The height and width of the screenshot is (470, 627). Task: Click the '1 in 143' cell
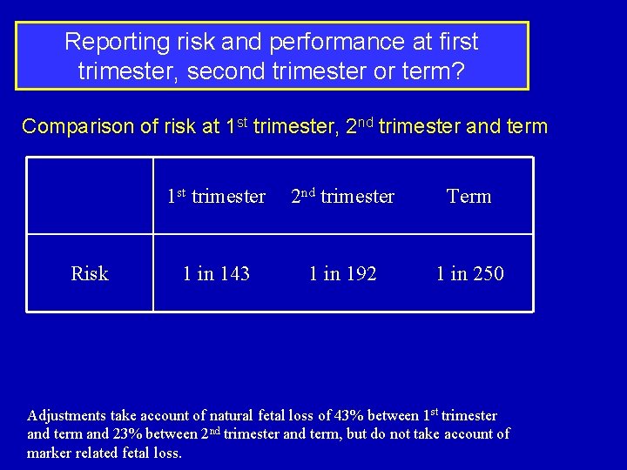point(216,273)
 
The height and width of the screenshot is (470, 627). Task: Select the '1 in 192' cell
point(343,273)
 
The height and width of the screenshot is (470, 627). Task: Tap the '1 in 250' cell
point(469,273)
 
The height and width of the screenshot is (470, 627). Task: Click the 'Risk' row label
point(90,273)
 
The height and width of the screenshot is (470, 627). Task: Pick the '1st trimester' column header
point(216,197)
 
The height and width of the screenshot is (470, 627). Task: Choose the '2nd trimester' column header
point(342,197)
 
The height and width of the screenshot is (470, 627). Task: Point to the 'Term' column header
point(469,197)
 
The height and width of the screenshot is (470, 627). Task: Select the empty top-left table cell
point(90,197)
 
